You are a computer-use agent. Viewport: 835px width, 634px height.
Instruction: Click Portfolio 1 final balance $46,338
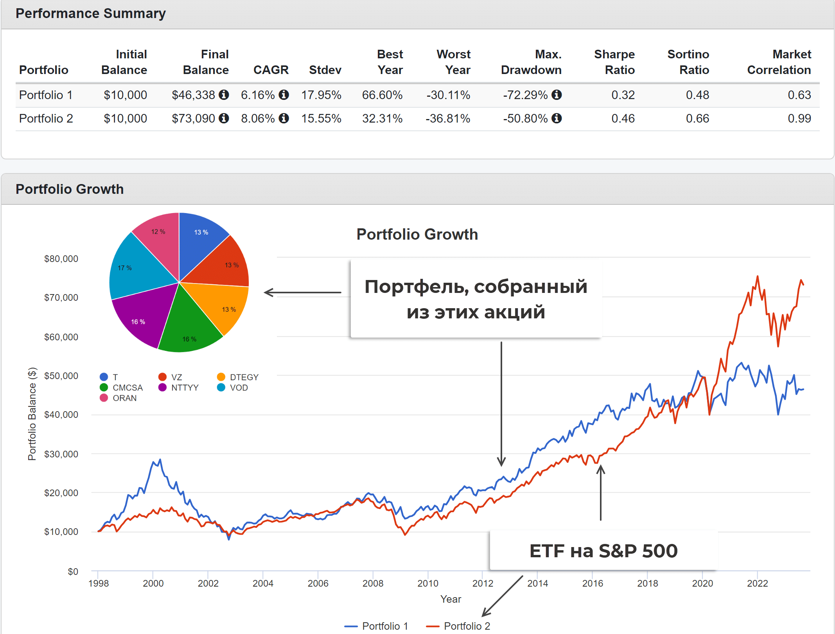pos(193,95)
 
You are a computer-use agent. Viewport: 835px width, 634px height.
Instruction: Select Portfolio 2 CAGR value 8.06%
pos(258,119)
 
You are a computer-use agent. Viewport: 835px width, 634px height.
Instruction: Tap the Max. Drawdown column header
pos(531,62)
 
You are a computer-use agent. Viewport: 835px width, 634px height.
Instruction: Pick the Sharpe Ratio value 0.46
pos(623,119)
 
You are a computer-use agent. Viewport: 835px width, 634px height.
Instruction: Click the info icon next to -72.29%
pos(557,95)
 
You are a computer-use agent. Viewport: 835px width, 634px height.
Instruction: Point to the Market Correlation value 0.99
pos(799,119)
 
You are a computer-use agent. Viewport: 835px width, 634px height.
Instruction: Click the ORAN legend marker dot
pos(104,398)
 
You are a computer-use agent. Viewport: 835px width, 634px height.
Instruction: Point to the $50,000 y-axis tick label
pos(61,376)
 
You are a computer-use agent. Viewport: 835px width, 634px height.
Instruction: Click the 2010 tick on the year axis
pos(428,583)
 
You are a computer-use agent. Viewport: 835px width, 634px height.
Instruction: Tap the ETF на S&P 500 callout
pos(603,551)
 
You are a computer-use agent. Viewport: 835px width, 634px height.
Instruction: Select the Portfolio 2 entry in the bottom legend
pos(467,626)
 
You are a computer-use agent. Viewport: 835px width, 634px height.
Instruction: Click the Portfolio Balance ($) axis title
pos(32,414)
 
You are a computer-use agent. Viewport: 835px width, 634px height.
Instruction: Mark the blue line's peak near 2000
pos(160,460)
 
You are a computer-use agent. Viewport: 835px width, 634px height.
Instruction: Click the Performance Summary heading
pos(91,14)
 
